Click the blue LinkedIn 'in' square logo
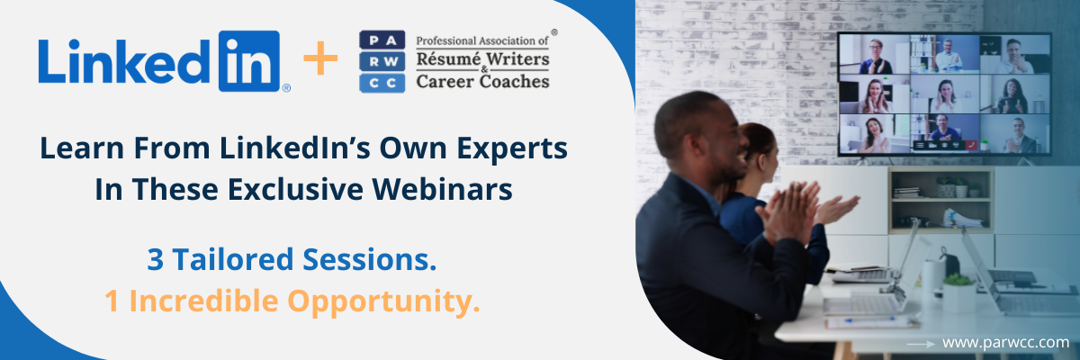click(x=249, y=61)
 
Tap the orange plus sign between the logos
click(x=320, y=58)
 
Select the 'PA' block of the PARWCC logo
click(x=382, y=40)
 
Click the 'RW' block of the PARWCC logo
click(x=382, y=62)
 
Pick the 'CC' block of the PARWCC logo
click(x=382, y=83)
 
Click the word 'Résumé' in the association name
click(x=448, y=59)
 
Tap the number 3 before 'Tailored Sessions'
click(x=155, y=260)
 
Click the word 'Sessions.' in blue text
click(x=370, y=259)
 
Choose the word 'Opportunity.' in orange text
click(x=383, y=301)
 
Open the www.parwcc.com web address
click(x=1005, y=343)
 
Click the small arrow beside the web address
click(x=921, y=344)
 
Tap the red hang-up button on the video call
click(x=971, y=145)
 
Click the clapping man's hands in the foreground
click(x=787, y=212)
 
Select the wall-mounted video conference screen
click(x=944, y=94)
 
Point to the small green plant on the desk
click(x=958, y=280)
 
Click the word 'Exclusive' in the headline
click(x=295, y=189)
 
